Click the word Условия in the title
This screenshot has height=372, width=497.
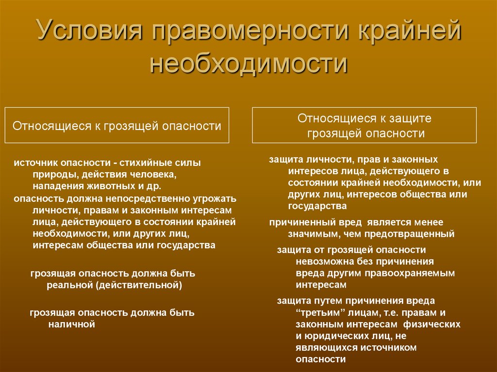pyautogui.click(x=89, y=31)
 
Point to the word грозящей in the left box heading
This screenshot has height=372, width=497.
pyautogui.click(x=131, y=127)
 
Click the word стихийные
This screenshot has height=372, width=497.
pyautogui.click(x=143, y=162)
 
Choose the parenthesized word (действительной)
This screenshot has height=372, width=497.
pyautogui.click(x=139, y=285)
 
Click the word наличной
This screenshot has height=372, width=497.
pyautogui.click(x=72, y=324)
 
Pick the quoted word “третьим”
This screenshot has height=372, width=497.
pyautogui.click(x=320, y=312)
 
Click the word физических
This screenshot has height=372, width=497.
pyautogui.click(x=431, y=324)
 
